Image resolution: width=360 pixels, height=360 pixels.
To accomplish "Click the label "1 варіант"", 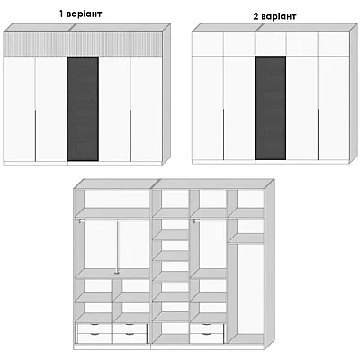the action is click(x=80, y=13).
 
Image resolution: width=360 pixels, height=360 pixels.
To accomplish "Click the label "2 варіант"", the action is click(x=274, y=16).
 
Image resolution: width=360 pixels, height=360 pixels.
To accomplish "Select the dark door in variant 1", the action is click(x=83, y=109).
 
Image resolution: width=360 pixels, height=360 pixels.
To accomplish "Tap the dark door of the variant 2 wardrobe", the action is click(x=271, y=108).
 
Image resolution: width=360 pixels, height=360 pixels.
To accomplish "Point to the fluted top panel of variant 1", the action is click(x=83, y=44).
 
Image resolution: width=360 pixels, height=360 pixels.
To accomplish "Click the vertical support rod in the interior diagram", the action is click(x=117, y=246).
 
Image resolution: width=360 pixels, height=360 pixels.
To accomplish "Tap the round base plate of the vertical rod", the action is click(x=117, y=273).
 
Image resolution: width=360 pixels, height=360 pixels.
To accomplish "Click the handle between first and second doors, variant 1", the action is click(x=35, y=135).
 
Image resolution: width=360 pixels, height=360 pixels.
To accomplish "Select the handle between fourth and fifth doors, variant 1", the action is click(x=130, y=135).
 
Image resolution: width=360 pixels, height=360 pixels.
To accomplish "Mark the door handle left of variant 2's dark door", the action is click(x=224, y=134).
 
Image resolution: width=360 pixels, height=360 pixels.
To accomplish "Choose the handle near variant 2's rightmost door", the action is click(x=318, y=134).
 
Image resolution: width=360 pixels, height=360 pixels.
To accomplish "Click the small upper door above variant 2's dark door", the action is click(x=271, y=44).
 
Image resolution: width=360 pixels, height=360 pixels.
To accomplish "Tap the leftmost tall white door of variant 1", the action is click(x=19, y=109).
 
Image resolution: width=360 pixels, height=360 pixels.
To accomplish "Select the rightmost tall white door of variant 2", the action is click(x=334, y=108).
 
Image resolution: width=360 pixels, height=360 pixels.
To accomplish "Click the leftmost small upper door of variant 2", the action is click(x=208, y=44).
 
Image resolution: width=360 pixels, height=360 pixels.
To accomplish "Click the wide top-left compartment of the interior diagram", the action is click(x=117, y=199).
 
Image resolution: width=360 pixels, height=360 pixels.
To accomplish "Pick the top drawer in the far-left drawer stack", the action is click(x=94, y=328).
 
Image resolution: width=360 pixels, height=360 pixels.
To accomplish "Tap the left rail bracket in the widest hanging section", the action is click(x=80, y=221).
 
